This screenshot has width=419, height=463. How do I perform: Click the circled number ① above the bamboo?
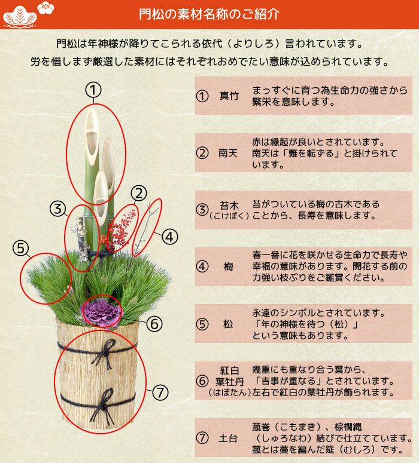point(93,90)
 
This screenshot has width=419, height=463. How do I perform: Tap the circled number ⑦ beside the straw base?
point(160,393)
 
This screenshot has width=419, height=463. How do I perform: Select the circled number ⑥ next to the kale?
point(154,324)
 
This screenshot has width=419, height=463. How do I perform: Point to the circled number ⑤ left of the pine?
point(20,247)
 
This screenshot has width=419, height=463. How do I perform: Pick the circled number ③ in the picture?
point(57,208)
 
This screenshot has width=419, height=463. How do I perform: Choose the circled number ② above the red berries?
point(138,192)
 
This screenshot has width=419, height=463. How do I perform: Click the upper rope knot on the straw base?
point(103,352)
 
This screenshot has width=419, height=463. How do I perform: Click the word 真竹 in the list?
point(229,96)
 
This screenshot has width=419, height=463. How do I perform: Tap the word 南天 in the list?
point(228,153)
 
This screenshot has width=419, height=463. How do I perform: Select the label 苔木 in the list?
point(229,205)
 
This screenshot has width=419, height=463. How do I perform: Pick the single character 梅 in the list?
point(229,266)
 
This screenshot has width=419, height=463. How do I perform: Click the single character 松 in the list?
point(228,324)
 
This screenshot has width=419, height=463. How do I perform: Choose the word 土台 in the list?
point(229,437)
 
